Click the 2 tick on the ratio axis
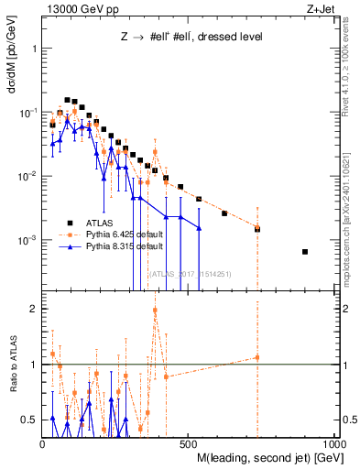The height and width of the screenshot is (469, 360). coord(32,309)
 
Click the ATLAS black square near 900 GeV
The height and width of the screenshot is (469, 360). coord(305,252)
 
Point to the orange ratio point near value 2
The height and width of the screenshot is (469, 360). coord(155,310)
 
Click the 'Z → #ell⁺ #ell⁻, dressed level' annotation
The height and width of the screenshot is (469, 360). coord(180,38)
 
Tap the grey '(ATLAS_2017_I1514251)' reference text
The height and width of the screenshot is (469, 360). coord(190,273)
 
